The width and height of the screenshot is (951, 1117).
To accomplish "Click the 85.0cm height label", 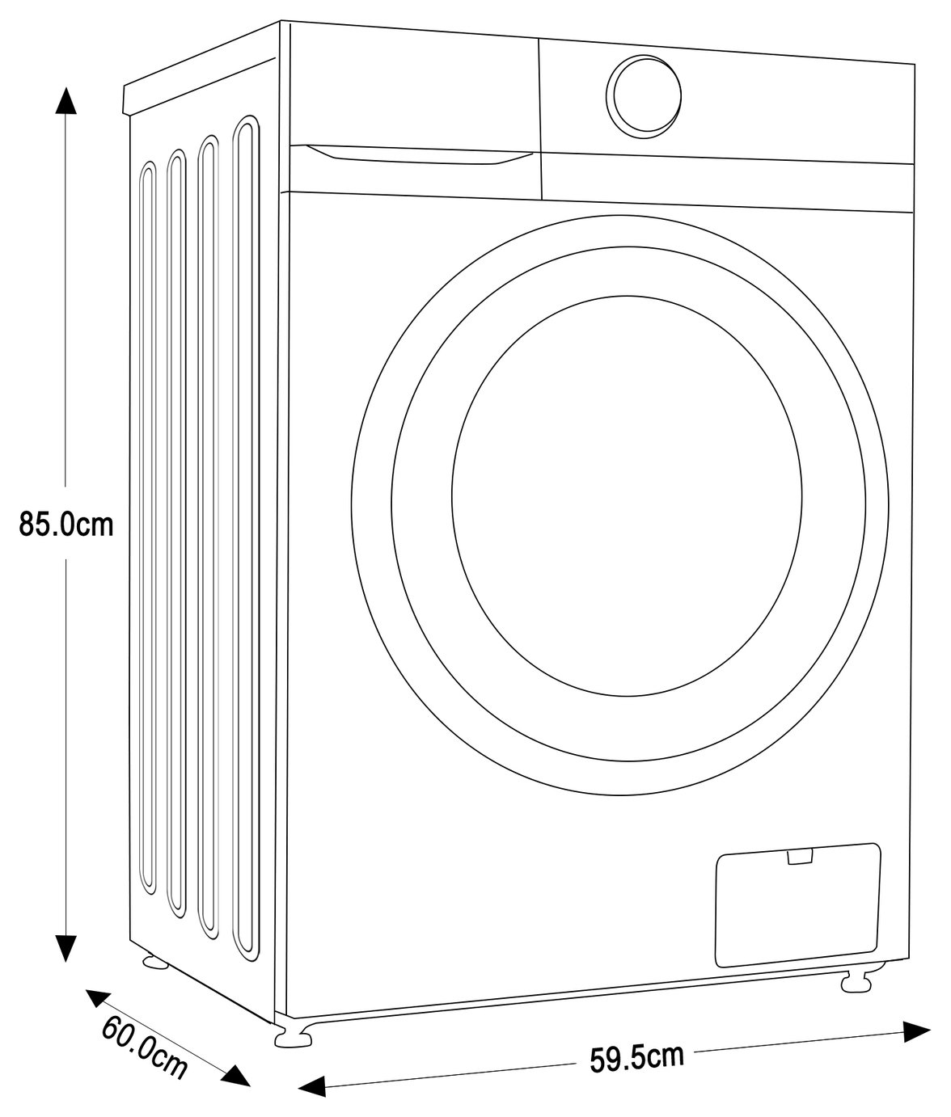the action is point(66,524).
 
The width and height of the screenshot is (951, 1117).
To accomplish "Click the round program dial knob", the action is point(644,96).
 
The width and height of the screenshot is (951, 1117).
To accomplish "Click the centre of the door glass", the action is point(627,496).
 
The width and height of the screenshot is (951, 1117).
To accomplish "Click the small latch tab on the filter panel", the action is point(800,857).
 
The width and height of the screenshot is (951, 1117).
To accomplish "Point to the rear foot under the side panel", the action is point(155,962).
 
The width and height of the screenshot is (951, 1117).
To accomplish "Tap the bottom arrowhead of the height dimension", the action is point(66,948).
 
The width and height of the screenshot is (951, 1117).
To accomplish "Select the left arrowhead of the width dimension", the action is point(312,1085).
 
